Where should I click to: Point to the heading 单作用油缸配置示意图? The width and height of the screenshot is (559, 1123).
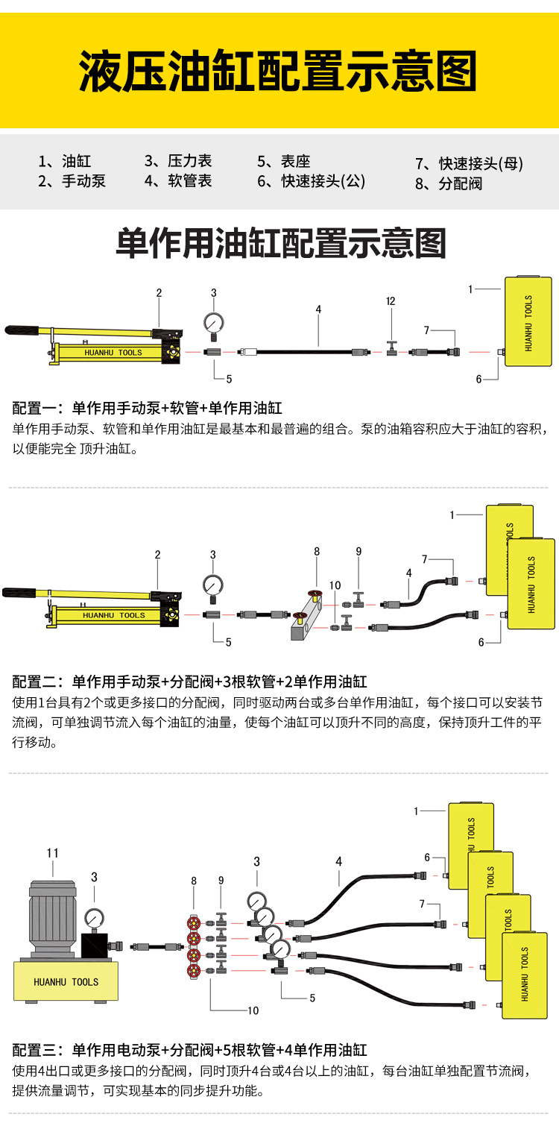280,244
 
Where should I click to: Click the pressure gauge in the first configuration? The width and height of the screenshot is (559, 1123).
214,323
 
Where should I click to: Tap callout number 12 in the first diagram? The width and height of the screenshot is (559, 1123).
391,301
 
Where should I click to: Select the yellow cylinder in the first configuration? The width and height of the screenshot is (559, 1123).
528,322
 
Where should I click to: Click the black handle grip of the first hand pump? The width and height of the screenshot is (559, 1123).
22,329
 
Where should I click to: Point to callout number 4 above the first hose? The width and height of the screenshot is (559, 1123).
318,309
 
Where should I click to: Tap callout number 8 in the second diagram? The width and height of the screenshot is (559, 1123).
317,552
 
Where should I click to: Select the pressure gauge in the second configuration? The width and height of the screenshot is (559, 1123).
213,584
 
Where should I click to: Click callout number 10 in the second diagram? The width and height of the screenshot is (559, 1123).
335,586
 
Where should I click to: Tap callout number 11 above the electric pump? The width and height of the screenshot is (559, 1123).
52,853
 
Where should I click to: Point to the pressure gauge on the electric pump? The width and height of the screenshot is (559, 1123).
95,918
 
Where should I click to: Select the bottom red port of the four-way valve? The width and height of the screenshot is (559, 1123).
195,970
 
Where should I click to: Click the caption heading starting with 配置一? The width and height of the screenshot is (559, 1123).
147,408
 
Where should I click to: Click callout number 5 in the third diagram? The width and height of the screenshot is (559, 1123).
312,998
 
